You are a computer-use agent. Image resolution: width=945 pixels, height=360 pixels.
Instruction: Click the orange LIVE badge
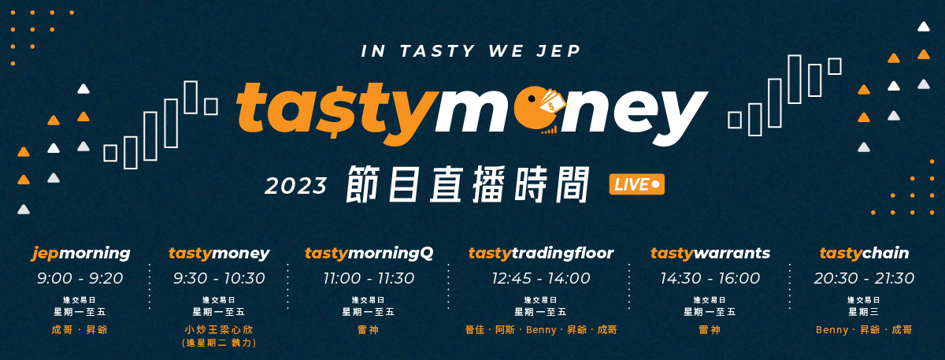pyautogui.click(x=636, y=184)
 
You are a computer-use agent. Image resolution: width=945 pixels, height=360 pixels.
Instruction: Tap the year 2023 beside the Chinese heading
pyautogui.click(x=296, y=186)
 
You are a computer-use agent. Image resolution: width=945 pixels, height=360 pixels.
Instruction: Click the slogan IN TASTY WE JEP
pyautogui.click(x=471, y=51)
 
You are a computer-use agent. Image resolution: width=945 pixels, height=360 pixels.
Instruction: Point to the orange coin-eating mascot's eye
pyautogui.click(x=532, y=98)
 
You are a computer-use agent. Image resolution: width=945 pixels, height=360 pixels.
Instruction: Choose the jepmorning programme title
pyautogui.click(x=80, y=253)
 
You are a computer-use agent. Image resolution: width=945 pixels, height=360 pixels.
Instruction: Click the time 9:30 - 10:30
pyautogui.click(x=219, y=278)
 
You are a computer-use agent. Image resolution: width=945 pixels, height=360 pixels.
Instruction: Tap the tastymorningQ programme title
pyautogui.click(x=369, y=253)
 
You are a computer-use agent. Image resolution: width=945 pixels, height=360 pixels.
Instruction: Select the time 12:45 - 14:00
pyautogui.click(x=541, y=278)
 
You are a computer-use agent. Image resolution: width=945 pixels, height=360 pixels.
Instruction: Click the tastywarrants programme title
pyautogui.click(x=710, y=253)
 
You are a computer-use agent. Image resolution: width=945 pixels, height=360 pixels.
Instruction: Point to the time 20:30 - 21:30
pyautogui.click(x=864, y=278)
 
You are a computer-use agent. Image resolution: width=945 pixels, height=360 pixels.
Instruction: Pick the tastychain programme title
pyautogui.click(x=864, y=253)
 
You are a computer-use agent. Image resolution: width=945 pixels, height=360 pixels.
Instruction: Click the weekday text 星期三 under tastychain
pyautogui.click(x=864, y=312)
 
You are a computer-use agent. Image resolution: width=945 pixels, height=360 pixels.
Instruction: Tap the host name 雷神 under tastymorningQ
pyautogui.click(x=369, y=329)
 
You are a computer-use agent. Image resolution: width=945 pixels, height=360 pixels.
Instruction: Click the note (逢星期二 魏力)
pyautogui.click(x=219, y=343)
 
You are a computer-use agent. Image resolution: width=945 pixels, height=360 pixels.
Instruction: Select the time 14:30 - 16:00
pyautogui.click(x=710, y=278)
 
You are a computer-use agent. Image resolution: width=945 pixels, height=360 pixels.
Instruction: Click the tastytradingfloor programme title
pyautogui.click(x=541, y=253)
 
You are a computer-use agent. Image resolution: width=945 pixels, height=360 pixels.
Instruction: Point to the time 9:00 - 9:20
pyautogui.click(x=80, y=278)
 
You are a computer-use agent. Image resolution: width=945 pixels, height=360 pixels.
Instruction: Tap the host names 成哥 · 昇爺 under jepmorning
pyautogui.click(x=80, y=329)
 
